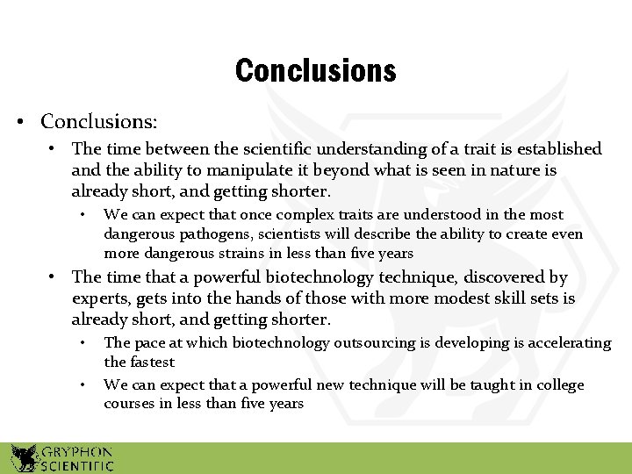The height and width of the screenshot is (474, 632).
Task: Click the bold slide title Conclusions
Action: [315, 70]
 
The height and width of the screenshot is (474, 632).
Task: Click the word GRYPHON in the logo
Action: [77, 450]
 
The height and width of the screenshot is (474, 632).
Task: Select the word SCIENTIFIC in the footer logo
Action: [77, 465]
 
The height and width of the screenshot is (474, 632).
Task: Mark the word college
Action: [558, 385]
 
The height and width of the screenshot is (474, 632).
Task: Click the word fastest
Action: [151, 362]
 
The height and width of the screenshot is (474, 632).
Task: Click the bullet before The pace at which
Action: [81, 343]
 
